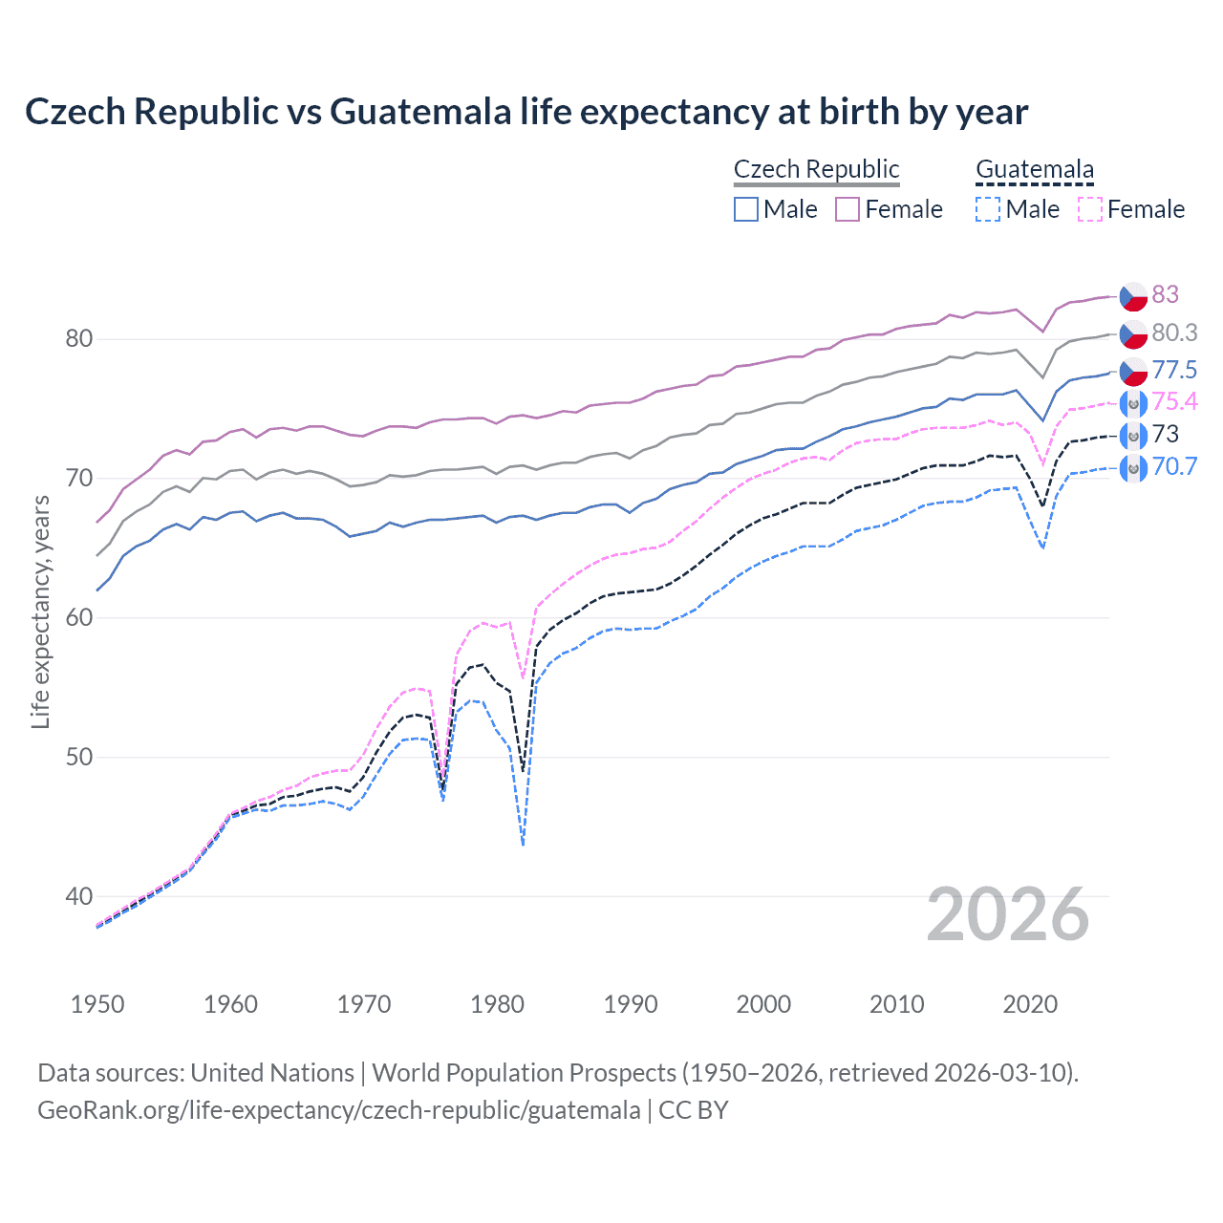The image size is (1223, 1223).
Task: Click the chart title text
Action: (x=526, y=112)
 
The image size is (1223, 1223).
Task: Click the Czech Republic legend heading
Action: (x=816, y=169)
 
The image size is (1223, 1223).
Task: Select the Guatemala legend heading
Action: (x=1034, y=170)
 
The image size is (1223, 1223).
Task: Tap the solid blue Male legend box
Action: (x=746, y=209)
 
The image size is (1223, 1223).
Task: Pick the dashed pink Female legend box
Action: (x=1090, y=209)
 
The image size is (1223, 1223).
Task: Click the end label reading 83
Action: (x=1165, y=294)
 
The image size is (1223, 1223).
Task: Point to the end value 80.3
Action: (x=1174, y=333)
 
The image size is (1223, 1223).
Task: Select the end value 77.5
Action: (x=1174, y=370)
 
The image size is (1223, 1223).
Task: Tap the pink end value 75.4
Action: (x=1174, y=401)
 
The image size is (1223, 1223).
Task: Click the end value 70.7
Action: (x=1174, y=466)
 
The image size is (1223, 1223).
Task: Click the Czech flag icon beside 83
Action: (x=1133, y=295)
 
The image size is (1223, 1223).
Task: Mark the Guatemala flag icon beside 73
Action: (x=1133, y=435)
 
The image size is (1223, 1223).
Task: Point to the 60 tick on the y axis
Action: (x=79, y=617)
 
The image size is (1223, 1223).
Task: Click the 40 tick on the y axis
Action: (x=79, y=896)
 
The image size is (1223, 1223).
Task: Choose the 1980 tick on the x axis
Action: (x=497, y=1004)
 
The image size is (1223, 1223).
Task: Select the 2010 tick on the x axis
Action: (x=896, y=1004)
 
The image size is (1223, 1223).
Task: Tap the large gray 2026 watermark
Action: (x=1007, y=915)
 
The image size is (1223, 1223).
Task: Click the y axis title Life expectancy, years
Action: (x=40, y=611)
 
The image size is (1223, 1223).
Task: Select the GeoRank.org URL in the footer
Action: (x=338, y=1110)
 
